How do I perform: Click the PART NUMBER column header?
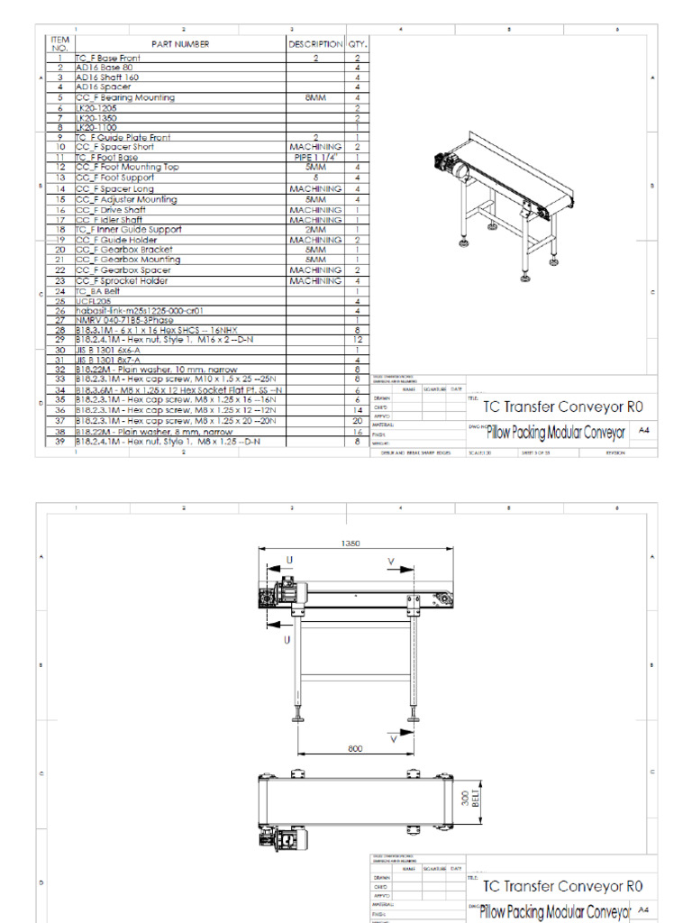(x=180, y=43)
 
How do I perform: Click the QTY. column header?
(x=358, y=43)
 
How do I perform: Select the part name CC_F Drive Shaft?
(x=109, y=210)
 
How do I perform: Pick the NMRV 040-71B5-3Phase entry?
(x=119, y=320)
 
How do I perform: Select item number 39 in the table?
(x=60, y=442)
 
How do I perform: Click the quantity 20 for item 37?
(x=358, y=421)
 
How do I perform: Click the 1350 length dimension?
(x=351, y=544)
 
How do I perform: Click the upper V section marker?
(x=392, y=562)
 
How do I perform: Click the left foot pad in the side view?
(x=297, y=718)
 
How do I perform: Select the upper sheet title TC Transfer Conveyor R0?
(x=563, y=407)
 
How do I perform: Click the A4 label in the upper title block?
(x=643, y=431)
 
